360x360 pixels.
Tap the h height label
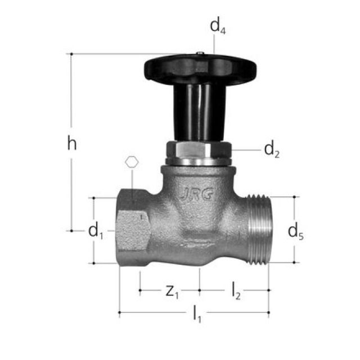pyautogui.click(x=71, y=143)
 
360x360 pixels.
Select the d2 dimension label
pyautogui.click(x=272, y=150)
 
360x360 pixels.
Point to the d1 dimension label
pyautogui.click(x=96, y=231)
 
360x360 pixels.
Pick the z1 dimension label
pyautogui.click(x=172, y=291)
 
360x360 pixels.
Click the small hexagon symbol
pyautogui.click(x=132, y=162)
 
